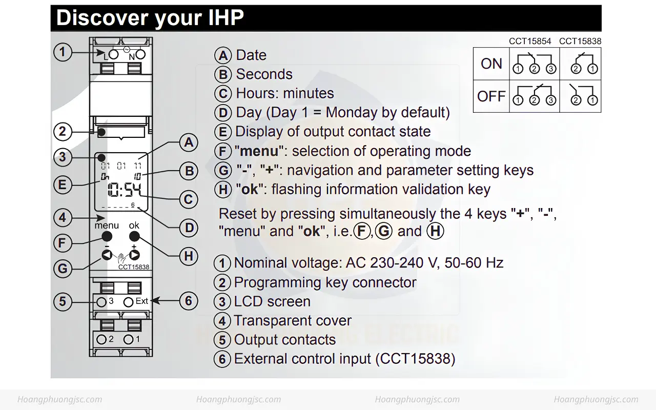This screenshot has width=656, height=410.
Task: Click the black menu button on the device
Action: [107, 236]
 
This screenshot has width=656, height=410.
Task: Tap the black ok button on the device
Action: [134, 236]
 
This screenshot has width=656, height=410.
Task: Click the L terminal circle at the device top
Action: [114, 54]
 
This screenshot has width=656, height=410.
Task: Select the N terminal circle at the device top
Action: [140, 54]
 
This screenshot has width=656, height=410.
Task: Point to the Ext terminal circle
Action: [128, 302]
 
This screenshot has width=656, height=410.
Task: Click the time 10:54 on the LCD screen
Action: [125, 190]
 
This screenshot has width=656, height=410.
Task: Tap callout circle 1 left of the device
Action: [63, 52]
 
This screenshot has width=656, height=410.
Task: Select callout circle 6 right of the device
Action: [189, 301]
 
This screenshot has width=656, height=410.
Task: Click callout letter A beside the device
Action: [189, 142]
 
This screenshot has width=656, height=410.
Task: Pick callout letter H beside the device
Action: [189, 256]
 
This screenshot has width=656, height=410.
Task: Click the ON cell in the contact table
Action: [491, 64]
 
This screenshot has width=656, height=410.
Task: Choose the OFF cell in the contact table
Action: [491, 96]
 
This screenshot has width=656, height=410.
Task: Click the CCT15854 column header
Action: [530, 42]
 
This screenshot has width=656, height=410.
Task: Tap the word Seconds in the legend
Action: [264, 74]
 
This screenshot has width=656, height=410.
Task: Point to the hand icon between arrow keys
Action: [121, 258]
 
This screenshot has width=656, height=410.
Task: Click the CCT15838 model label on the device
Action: [134, 267]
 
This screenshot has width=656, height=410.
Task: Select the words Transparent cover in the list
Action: [293, 320]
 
